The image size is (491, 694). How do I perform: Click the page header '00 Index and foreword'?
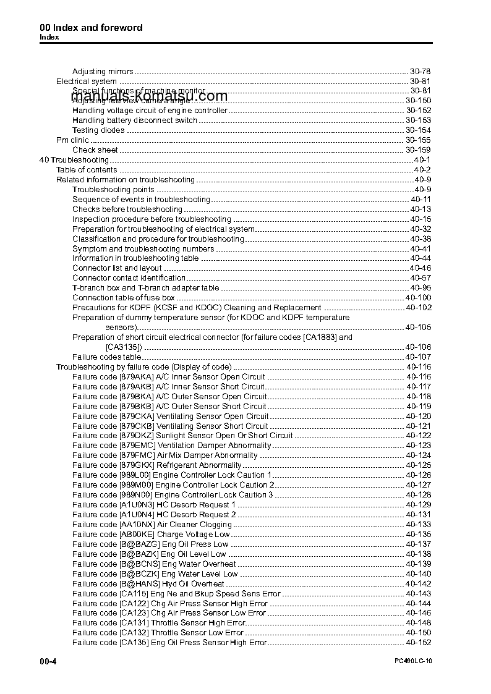91,28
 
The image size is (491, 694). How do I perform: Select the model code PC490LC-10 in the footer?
414,662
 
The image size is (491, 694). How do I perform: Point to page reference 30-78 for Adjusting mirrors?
420,72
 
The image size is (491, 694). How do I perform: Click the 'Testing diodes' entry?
98,130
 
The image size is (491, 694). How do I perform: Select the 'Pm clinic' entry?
72,140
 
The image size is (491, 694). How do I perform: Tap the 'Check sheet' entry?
95,150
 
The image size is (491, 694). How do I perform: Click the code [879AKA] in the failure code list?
136,377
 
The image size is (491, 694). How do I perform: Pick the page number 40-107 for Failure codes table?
418,357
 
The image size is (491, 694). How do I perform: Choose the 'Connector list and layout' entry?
117,268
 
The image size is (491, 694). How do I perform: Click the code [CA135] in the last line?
134,643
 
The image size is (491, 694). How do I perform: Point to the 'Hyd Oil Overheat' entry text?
193,584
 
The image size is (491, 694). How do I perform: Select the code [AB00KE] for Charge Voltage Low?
137,535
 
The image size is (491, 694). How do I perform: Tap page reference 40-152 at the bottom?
418,643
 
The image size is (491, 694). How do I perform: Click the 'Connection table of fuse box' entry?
124,298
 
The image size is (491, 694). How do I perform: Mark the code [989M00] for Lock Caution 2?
135,485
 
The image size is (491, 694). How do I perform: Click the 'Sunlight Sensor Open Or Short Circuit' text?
224,436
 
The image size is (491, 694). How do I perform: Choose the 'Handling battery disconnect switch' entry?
135,121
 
